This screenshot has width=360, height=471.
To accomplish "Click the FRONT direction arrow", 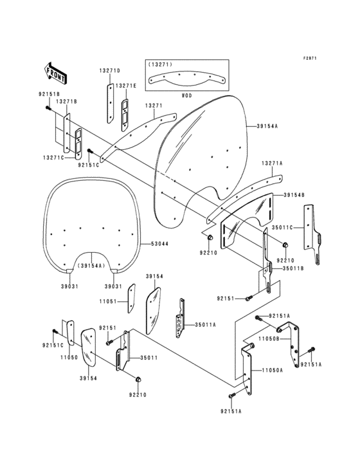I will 57,73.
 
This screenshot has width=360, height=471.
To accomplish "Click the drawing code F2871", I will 311,58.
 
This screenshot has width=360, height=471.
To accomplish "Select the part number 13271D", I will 109,70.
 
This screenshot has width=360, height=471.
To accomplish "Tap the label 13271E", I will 127,86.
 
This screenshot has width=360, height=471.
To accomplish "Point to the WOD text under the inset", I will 186,95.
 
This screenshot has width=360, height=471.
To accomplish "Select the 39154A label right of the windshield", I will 267,126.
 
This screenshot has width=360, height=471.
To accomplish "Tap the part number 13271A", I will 271,163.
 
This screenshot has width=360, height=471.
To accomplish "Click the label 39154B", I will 293,194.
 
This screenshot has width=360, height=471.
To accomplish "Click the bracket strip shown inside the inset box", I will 186,78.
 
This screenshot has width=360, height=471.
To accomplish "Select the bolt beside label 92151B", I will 49,107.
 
